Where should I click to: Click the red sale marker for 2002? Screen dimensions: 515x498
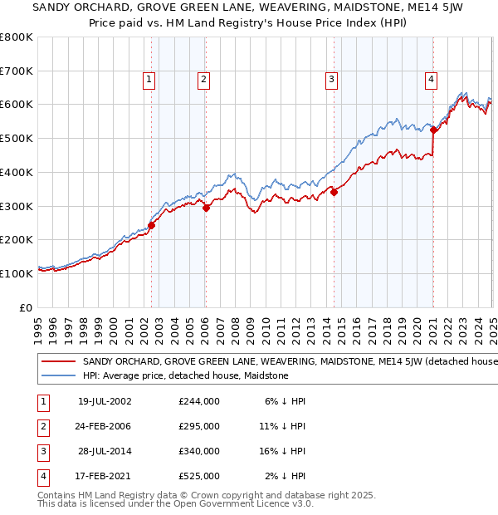(152, 224)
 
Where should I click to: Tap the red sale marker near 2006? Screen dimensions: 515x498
(207, 208)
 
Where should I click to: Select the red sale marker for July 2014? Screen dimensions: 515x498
(334, 192)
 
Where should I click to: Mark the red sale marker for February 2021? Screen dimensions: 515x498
(433, 130)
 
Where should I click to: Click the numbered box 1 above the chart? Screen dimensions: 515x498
(149, 80)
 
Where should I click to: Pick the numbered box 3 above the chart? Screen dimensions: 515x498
(331, 80)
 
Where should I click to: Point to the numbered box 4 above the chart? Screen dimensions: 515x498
(432, 80)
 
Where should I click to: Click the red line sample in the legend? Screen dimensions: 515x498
(58, 362)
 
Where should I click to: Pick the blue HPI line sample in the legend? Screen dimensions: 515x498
(58, 375)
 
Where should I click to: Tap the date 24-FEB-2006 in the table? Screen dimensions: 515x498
(104, 425)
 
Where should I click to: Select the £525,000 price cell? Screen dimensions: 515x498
(199, 476)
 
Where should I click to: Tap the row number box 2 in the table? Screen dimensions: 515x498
(42, 425)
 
